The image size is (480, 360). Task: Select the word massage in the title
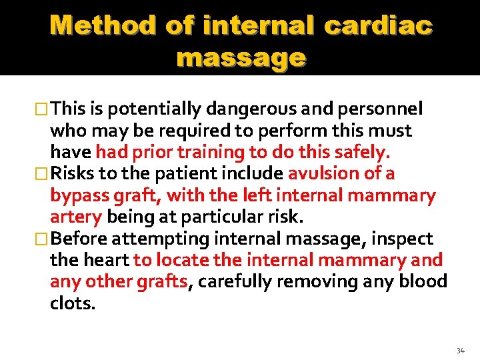click(241, 58)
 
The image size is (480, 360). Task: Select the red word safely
click(363, 152)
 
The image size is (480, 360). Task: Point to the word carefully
click(234, 281)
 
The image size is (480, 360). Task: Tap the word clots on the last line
click(71, 303)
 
